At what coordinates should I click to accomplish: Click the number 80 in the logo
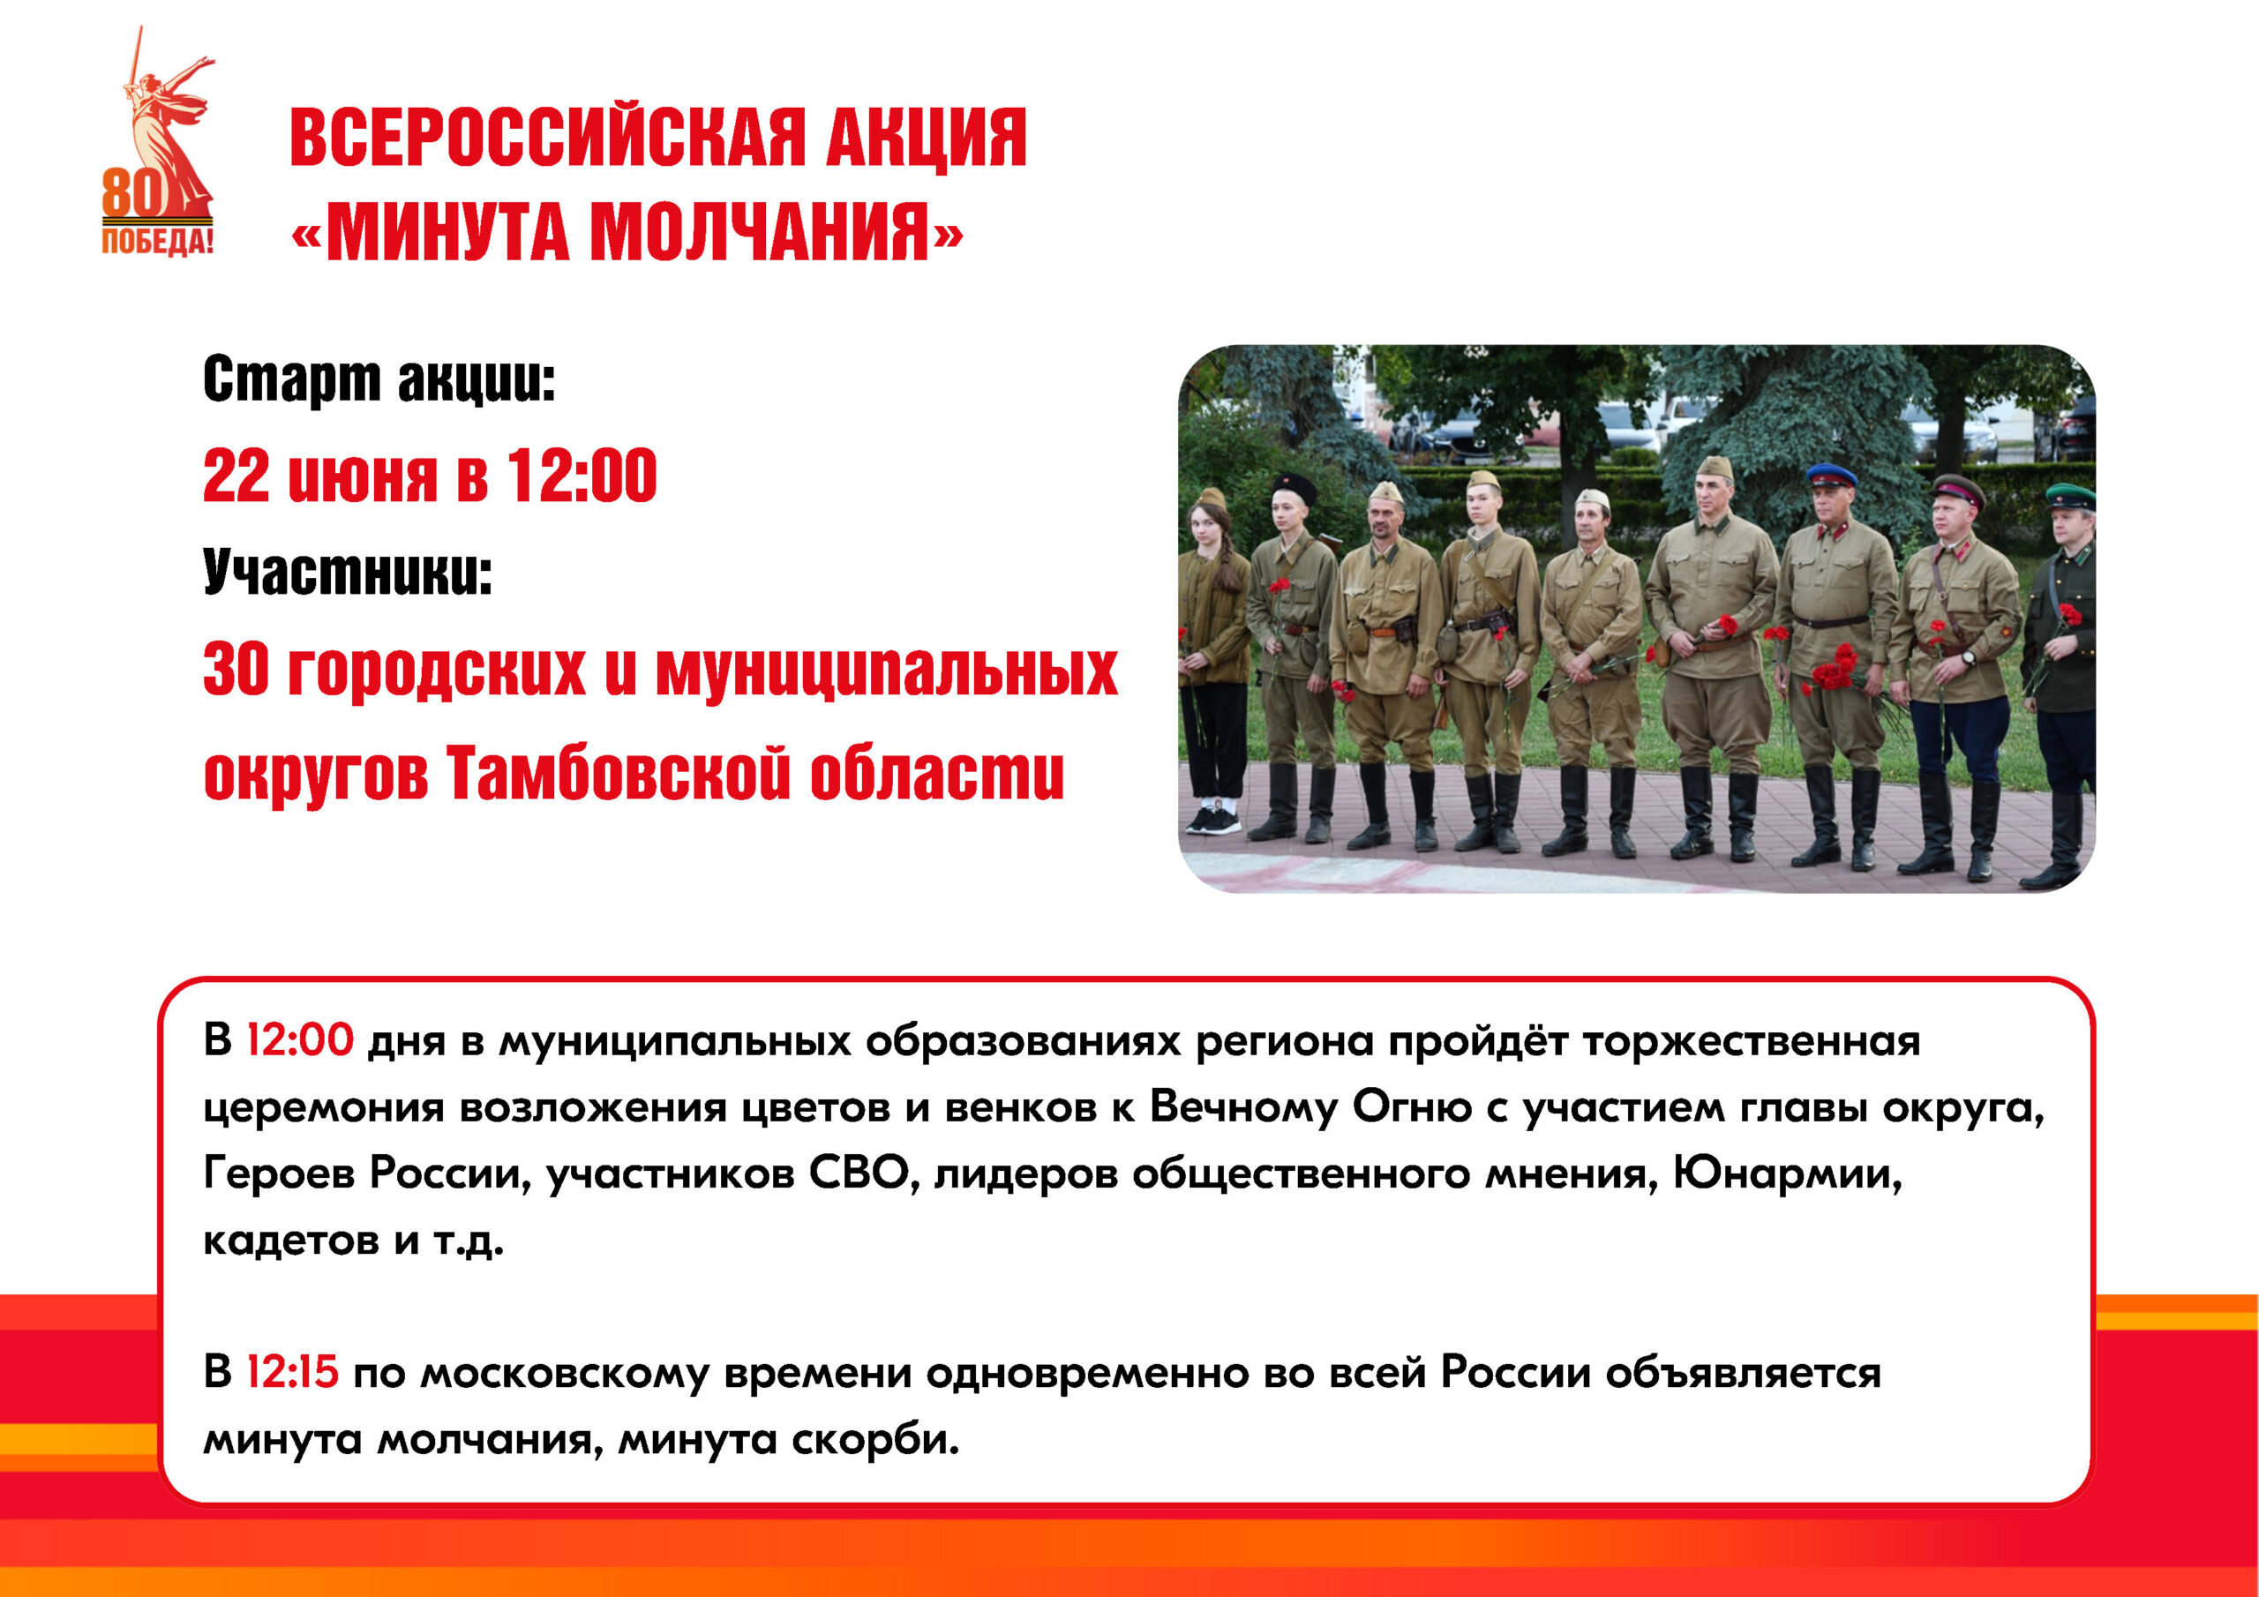[131, 193]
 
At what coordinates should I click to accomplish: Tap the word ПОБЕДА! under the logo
[157, 241]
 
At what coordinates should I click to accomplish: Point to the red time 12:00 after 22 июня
[582, 476]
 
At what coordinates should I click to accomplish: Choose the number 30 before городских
[235, 669]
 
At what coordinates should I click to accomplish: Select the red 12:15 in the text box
[292, 1370]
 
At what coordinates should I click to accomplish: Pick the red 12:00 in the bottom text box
[299, 1040]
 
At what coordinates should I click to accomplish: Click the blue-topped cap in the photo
[1831, 476]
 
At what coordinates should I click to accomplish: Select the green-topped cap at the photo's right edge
[2071, 495]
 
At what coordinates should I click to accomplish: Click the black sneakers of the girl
[1214, 820]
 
